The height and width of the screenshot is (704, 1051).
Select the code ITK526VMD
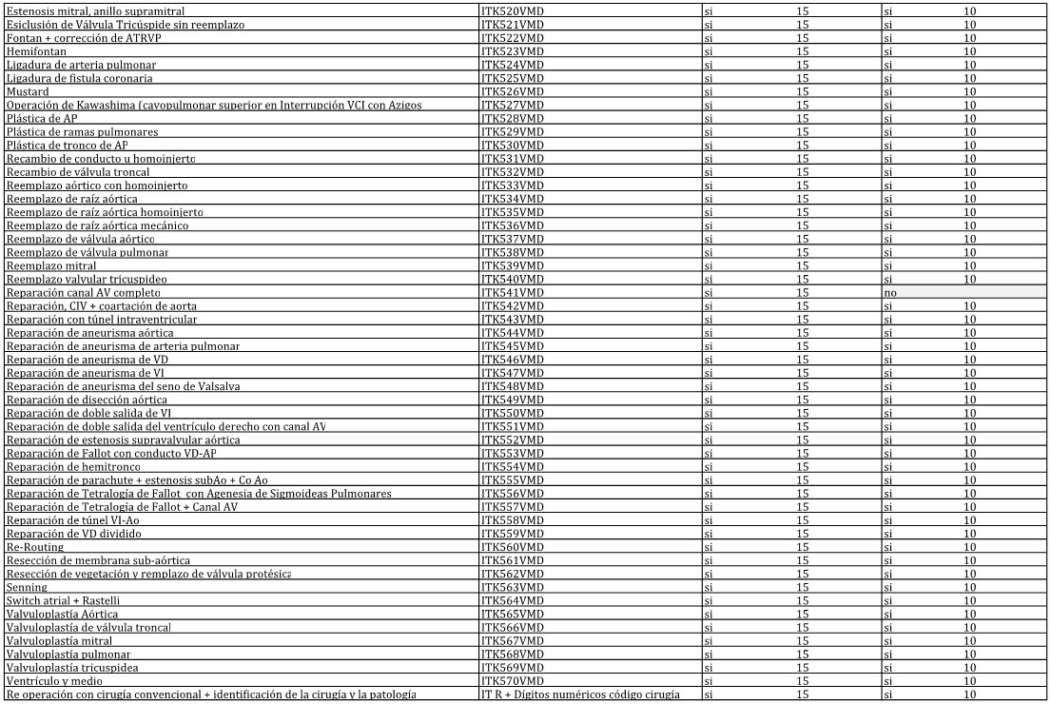coord(513,91)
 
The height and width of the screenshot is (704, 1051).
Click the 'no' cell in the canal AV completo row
coord(890,293)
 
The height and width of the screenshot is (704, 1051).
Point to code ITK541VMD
coord(513,293)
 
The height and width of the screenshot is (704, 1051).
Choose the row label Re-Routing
coord(35,547)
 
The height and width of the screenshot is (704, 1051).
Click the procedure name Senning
coord(27,588)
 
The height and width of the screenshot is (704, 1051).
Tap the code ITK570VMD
coord(513,682)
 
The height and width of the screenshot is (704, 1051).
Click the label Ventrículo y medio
coord(53,682)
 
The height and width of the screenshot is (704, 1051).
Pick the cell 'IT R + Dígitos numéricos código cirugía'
coord(580,695)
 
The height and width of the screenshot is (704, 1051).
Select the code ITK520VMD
coord(513,10)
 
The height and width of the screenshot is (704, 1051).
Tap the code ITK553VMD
coord(513,454)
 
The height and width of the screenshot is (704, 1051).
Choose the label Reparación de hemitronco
coord(73,467)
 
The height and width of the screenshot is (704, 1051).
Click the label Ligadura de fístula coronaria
coord(79,78)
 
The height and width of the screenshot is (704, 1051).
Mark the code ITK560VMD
coord(513,547)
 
